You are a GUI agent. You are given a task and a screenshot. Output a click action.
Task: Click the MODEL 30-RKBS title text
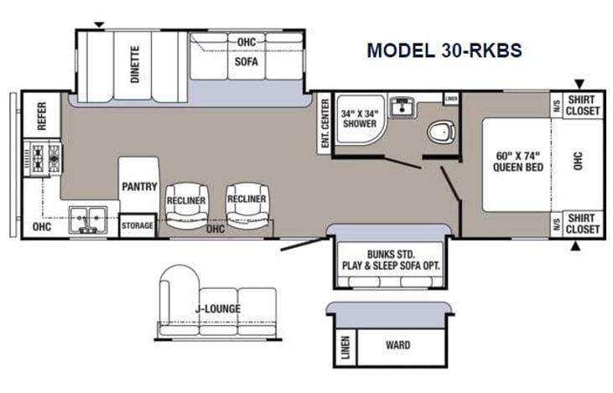click(444, 50)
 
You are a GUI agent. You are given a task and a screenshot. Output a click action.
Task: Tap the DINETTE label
click(134, 64)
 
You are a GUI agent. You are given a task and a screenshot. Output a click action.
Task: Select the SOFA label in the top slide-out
click(246, 61)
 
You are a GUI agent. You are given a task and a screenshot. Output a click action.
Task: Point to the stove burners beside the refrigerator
click(44, 158)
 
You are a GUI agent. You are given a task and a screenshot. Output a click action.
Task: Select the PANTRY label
click(139, 186)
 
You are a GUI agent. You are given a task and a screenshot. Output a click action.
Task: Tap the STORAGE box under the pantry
click(137, 225)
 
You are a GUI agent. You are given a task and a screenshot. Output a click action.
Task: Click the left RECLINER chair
click(186, 202)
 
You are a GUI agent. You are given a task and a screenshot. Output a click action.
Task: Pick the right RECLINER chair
click(247, 199)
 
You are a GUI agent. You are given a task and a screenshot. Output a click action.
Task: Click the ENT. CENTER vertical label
click(325, 125)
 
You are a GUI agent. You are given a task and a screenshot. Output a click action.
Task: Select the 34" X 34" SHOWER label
click(359, 118)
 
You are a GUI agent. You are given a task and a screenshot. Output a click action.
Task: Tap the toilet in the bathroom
click(440, 132)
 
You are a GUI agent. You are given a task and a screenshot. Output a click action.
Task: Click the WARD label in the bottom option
click(397, 344)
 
